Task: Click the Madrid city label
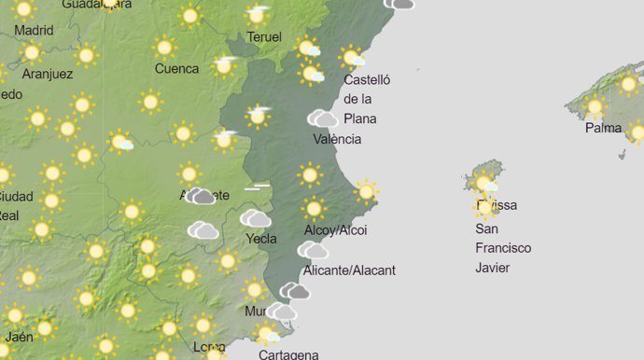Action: tap(34, 29)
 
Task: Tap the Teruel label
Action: tap(264, 37)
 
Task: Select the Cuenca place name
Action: tap(176, 68)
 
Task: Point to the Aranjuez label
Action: tap(47, 75)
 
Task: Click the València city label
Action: tap(337, 139)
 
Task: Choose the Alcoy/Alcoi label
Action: tap(336, 230)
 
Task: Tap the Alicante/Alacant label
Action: tap(350, 270)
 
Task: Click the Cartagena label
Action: tap(287, 354)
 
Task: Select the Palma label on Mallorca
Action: tap(603, 128)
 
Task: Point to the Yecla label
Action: tap(260, 239)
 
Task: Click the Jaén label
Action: tap(20, 337)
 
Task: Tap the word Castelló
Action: tap(367, 80)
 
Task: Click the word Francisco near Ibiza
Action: tap(503, 248)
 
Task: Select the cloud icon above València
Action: tap(323, 118)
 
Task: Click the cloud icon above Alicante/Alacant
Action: tap(313, 250)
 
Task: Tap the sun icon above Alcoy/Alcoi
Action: tap(315, 208)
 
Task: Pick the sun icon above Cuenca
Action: tap(164, 47)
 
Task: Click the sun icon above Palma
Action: tap(595, 107)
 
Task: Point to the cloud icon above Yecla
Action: tap(255, 219)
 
